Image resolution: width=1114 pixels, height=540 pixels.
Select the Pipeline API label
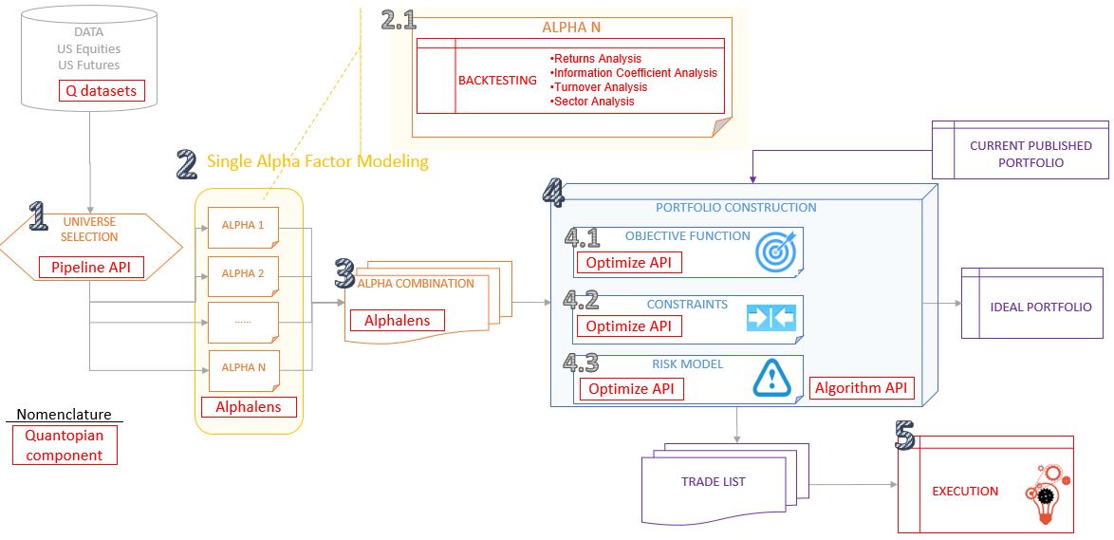91,268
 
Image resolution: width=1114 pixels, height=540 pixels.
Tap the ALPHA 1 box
243,226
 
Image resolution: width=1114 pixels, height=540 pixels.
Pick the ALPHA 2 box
243,273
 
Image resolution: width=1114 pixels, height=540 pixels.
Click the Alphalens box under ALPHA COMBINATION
397,321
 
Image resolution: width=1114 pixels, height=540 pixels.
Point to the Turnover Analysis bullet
600,87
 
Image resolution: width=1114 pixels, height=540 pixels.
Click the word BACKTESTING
497,81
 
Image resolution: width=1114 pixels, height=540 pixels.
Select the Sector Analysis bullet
593,102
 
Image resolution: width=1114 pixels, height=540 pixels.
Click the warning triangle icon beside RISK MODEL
771,377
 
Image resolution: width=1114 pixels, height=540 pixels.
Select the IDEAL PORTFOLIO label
1040,307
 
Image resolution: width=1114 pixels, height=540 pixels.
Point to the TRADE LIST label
714,482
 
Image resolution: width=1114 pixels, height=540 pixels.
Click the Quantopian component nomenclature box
65,445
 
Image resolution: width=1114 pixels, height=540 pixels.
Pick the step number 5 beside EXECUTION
904,435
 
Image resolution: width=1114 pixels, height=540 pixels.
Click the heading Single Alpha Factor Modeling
318,161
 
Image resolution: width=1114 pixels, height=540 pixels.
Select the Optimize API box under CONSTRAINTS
628,326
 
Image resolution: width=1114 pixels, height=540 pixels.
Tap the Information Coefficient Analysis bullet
635,73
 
